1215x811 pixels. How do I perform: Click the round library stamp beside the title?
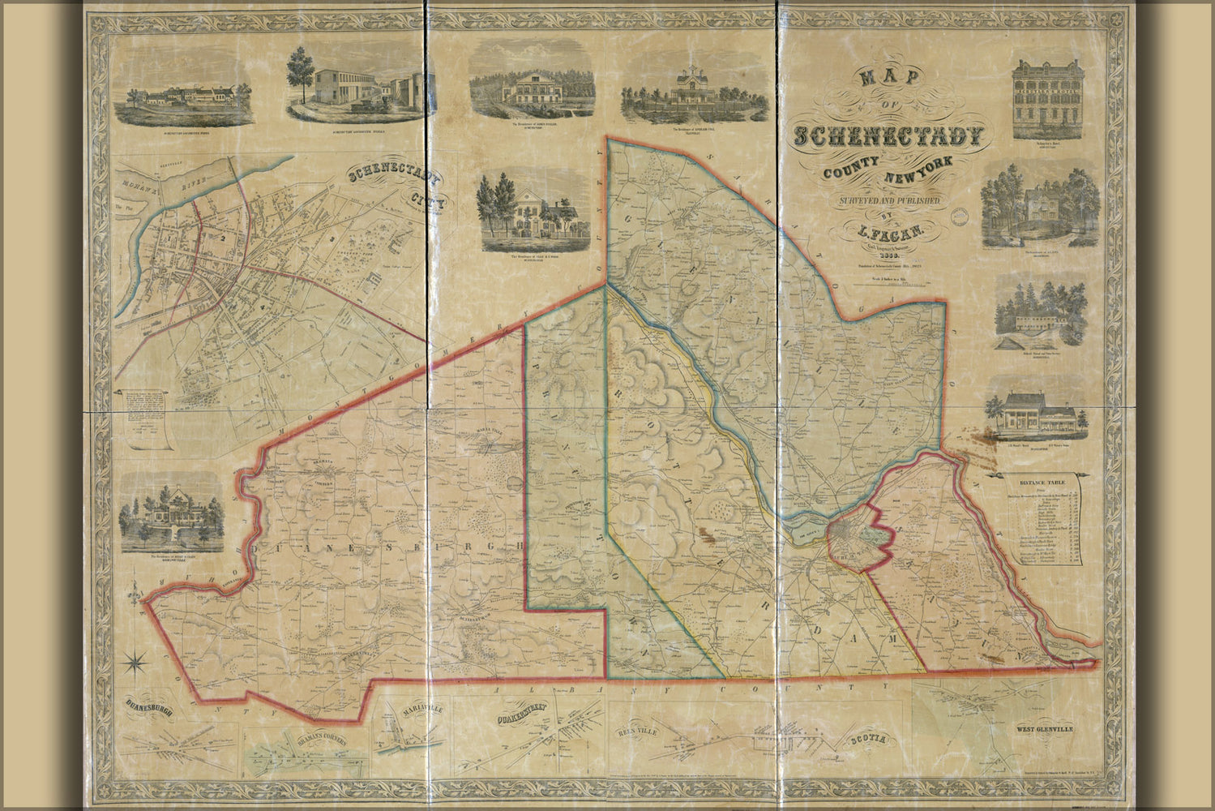pyautogui.click(x=960, y=217)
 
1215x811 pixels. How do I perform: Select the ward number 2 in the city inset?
pyautogui.click(x=219, y=238)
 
